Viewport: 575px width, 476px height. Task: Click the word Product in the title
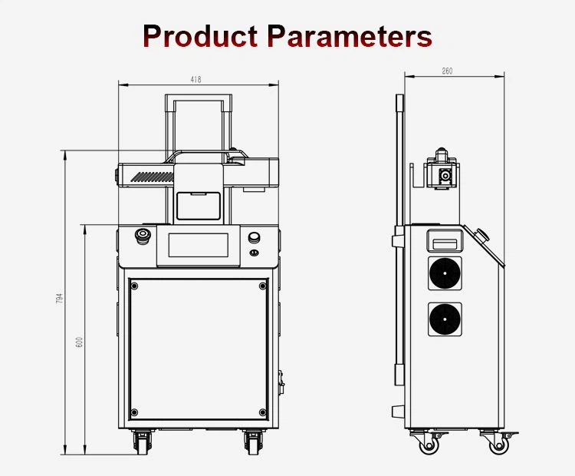point(201,36)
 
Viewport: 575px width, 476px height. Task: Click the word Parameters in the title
point(350,36)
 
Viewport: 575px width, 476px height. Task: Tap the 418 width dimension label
point(196,79)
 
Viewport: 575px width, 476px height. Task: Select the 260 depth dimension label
point(448,71)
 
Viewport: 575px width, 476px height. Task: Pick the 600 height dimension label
point(79,342)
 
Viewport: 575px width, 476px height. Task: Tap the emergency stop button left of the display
point(143,236)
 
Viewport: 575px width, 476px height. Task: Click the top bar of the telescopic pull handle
point(198,97)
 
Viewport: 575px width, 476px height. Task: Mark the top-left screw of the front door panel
point(135,286)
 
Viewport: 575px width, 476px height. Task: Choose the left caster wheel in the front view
point(143,441)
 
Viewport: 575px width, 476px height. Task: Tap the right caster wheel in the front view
point(251,441)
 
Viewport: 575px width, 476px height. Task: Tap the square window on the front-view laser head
point(198,204)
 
